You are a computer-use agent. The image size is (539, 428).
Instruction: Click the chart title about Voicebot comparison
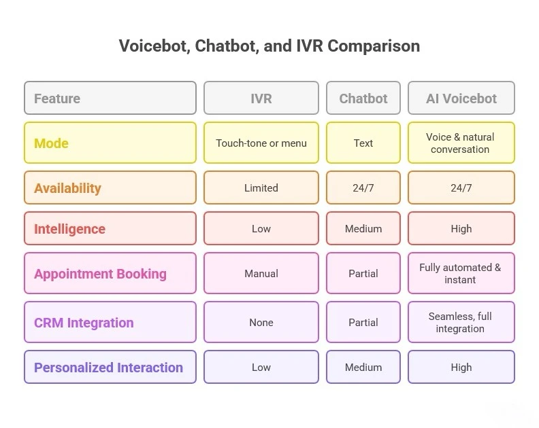pos(269,46)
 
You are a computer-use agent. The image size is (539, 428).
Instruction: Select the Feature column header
pos(110,98)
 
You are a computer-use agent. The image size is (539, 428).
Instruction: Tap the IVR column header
pos(261,98)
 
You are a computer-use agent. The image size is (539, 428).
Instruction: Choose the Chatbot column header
pos(363,98)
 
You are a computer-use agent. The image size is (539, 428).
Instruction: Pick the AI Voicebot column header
pos(461,98)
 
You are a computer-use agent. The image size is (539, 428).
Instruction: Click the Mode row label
pos(110,143)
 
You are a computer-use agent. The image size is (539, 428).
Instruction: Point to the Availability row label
pos(110,188)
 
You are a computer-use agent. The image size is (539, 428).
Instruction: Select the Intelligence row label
pos(110,228)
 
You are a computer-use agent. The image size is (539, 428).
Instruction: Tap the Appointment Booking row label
pos(110,273)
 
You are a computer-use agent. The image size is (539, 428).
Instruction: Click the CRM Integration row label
pos(110,322)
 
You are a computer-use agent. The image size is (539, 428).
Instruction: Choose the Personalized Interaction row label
pos(110,367)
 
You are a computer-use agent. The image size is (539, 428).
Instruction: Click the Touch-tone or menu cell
pos(261,143)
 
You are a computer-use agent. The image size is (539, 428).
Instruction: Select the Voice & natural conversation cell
pos(461,143)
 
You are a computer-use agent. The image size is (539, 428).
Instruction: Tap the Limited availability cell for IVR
pos(261,188)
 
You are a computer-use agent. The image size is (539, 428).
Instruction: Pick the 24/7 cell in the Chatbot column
pos(363,188)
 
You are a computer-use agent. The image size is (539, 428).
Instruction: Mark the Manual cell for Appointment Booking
pos(261,273)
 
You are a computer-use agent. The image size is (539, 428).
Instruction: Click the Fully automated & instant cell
pos(461,273)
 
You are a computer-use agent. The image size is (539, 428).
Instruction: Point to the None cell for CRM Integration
pos(261,322)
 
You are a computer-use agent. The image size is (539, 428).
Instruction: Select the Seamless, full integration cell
pos(461,322)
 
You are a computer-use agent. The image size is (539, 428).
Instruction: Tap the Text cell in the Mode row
pos(363,143)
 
